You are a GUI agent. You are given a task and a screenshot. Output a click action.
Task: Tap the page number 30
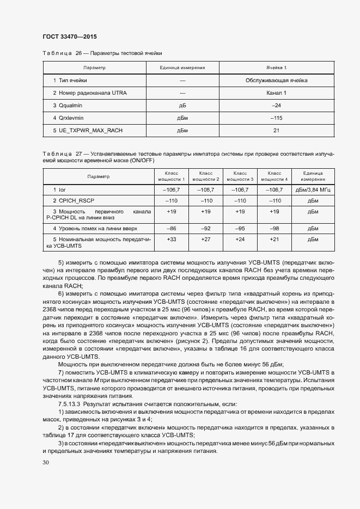coord(46,463)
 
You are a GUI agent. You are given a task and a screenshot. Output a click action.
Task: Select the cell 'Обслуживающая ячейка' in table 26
coord(276,81)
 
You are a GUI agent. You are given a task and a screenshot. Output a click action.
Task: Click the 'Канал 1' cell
coord(276,93)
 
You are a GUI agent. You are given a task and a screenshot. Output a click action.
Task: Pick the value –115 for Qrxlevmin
coord(276,118)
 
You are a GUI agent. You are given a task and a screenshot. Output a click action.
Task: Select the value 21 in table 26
coord(276,131)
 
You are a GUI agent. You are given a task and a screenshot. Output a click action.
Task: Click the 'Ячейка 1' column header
coord(276,68)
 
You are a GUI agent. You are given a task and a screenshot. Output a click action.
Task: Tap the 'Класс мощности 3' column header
coord(240,176)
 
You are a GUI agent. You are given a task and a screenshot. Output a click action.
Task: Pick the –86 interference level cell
coord(172,228)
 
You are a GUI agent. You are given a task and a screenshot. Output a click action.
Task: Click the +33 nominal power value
coord(172,240)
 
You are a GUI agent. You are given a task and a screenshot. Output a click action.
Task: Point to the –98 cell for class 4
coord(275,228)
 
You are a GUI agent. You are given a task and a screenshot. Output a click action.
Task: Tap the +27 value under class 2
coord(206,240)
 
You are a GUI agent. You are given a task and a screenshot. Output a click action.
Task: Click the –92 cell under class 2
coord(206,228)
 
